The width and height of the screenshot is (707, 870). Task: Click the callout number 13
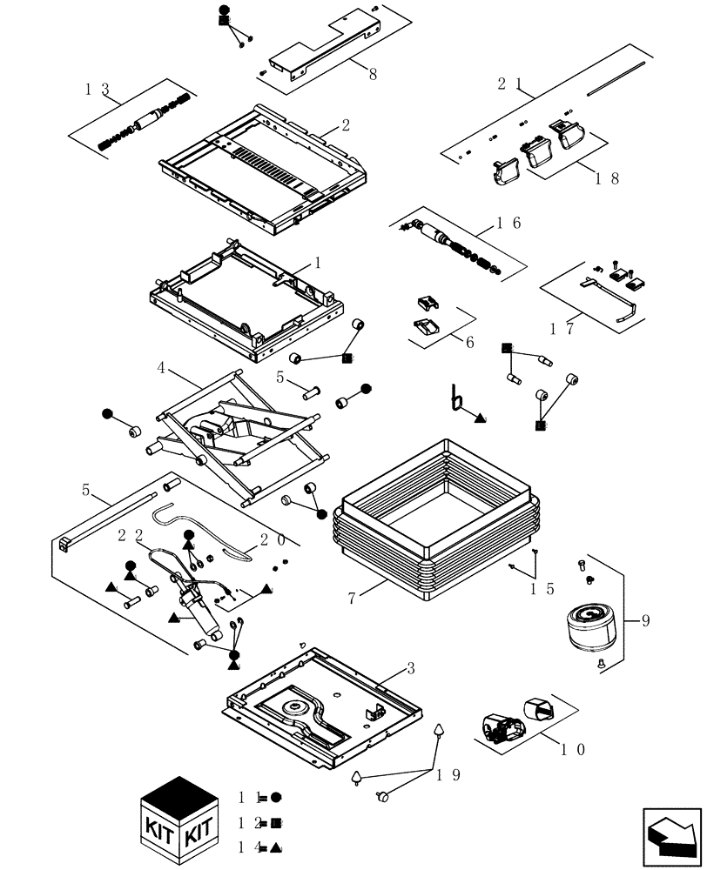pyautogui.click(x=97, y=89)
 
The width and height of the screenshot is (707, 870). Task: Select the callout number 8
pyautogui.click(x=373, y=75)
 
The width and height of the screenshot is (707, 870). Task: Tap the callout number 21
pyautogui.click(x=509, y=84)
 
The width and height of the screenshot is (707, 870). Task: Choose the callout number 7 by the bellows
pyautogui.click(x=352, y=598)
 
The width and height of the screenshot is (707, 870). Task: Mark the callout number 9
pyautogui.click(x=645, y=621)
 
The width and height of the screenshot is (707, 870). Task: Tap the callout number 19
pyautogui.click(x=448, y=774)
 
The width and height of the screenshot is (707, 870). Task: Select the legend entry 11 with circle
pyautogui.click(x=260, y=797)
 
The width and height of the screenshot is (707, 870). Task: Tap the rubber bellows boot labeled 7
pyautogui.click(x=435, y=522)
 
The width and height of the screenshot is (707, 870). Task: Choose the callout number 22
pyautogui.click(x=131, y=536)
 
